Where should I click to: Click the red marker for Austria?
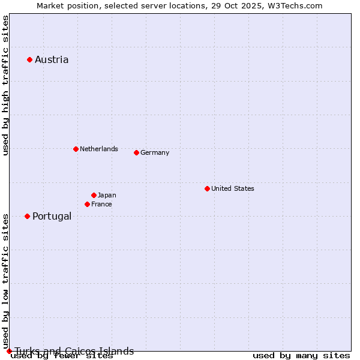pos(29,59)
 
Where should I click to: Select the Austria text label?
pos(52,59)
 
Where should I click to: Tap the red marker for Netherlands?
pos(76,149)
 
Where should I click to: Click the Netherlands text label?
pos(99,149)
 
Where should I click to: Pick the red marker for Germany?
pos(136,152)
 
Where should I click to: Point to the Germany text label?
pos(155,152)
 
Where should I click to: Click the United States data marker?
pos(207,188)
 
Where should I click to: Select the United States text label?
pos(233,188)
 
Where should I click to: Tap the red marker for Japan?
pos(94,195)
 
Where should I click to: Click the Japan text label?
pos(107,195)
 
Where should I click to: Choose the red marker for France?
pos(87,204)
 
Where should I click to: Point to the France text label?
pos(101,204)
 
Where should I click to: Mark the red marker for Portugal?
pos(27,216)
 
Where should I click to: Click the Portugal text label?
pos(52,216)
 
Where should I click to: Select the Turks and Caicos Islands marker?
pos(9,351)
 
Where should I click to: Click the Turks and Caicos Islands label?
pos(74,351)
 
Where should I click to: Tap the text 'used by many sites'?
pos(301,356)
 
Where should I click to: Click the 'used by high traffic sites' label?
pos(6,85)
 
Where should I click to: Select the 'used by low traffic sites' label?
pos(6,280)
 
